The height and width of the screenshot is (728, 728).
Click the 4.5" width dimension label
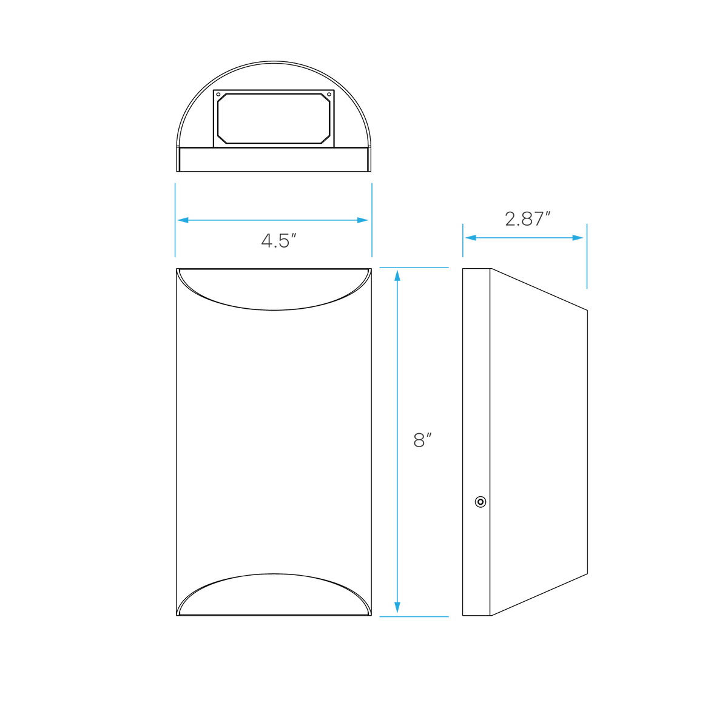click(x=279, y=241)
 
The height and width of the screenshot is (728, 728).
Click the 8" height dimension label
click(x=422, y=440)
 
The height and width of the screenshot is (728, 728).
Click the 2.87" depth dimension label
click(x=527, y=219)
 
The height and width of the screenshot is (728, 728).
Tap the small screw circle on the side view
click(x=480, y=502)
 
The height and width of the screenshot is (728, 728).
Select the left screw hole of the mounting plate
click(x=218, y=95)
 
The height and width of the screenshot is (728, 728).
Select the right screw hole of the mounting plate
click(x=329, y=95)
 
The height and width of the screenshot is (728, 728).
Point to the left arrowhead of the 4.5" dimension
click(x=183, y=220)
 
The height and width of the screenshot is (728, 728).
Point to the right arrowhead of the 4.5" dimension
click(x=363, y=220)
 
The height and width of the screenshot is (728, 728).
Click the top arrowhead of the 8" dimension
click(x=397, y=275)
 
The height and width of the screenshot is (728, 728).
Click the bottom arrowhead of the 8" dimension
click(x=397, y=607)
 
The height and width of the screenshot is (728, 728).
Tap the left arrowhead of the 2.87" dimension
click(x=471, y=238)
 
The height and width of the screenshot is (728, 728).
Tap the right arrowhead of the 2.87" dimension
click(x=578, y=238)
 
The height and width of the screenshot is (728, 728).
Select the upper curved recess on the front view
click(x=274, y=310)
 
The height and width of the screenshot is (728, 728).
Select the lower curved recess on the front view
click(x=274, y=575)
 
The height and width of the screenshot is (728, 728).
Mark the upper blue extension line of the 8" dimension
click(x=414, y=268)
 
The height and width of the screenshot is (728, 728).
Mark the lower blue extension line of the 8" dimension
click(x=414, y=617)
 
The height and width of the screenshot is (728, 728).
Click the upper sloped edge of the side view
click(x=539, y=289)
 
